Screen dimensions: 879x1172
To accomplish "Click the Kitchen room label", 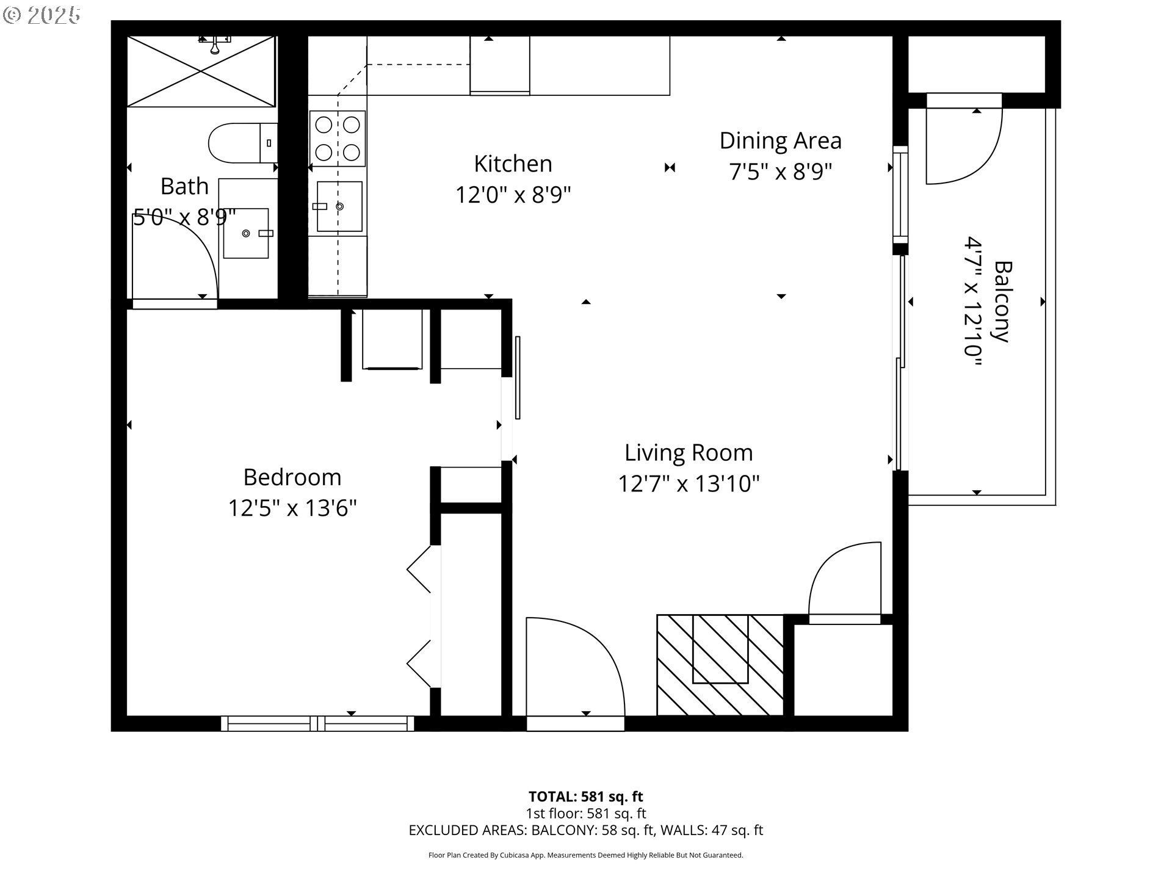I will tap(513, 164).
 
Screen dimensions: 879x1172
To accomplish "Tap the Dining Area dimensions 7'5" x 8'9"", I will tap(780, 172).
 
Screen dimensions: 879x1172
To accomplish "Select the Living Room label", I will tap(688, 453).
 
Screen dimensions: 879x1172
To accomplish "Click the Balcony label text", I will tap(1002, 302).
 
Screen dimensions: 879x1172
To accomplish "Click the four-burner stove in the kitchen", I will tap(337, 138).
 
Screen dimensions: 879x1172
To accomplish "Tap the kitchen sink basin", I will tap(339, 206).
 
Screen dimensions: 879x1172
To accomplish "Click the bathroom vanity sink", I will tap(246, 233).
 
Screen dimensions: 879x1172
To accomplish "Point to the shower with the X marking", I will tap(201, 71).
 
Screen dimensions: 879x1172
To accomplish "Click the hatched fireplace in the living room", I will tap(720, 664).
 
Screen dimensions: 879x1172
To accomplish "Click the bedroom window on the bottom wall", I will tap(317, 724).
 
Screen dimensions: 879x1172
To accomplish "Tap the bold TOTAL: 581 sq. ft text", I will tap(585, 797).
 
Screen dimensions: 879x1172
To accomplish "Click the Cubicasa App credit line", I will tap(585, 855).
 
